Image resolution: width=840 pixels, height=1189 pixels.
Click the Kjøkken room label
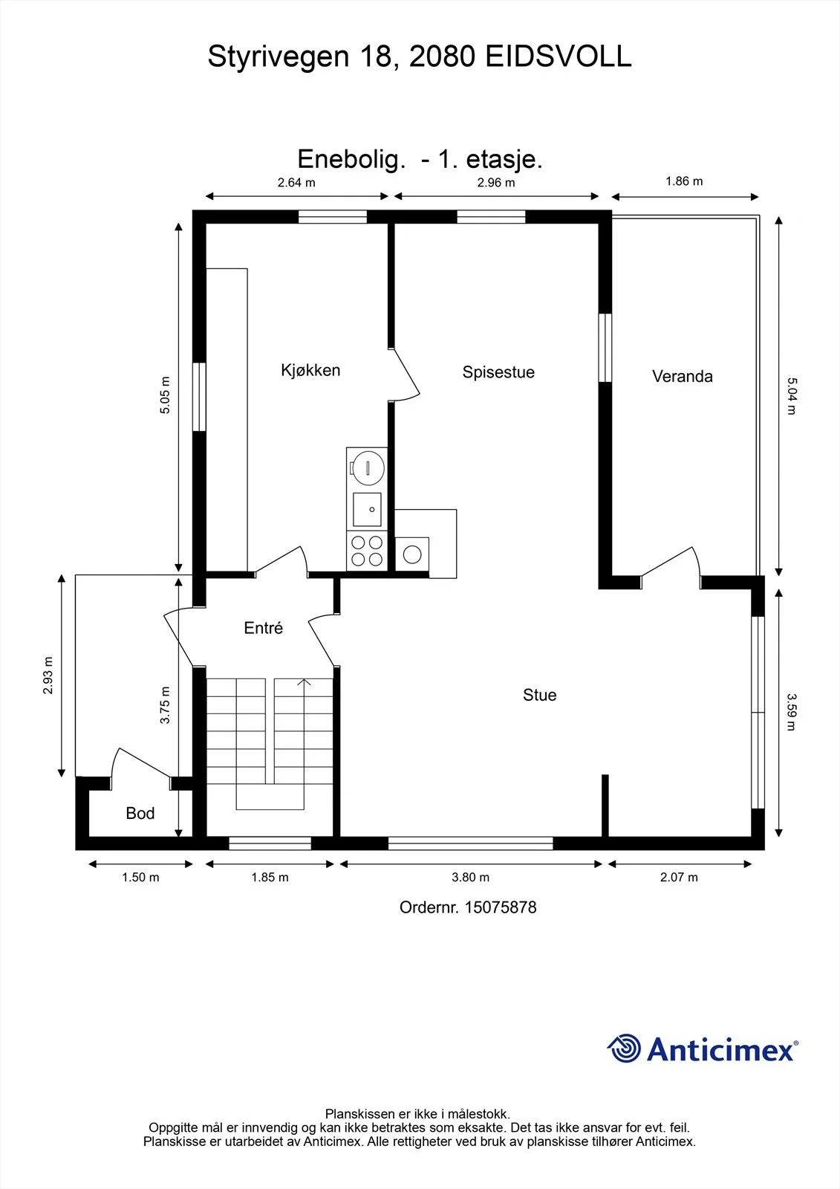coord(310,370)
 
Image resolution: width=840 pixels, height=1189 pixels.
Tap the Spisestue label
coord(498,372)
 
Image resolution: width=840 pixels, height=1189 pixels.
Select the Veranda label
coord(683,376)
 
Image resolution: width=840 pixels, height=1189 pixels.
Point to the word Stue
coord(540,695)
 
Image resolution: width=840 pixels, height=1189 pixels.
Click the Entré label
coord(263,628)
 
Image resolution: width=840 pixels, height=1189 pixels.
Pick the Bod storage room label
coord(140,813)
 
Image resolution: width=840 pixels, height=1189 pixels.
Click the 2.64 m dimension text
coord(296,183)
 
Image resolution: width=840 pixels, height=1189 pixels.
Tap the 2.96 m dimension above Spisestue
coord(495,183)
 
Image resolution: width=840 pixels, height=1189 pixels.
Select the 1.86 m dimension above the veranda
coord(684,181)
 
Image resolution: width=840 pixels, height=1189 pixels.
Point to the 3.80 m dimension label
coord(470,878)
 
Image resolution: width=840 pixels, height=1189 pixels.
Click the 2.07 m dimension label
coord(679,878)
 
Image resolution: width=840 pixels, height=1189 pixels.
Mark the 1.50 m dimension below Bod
coord(140,878)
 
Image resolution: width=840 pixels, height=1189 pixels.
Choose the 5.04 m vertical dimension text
coord(791,396)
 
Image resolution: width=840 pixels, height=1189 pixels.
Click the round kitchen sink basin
coord(368,468)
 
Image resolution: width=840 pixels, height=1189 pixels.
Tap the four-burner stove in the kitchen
coord(367,551)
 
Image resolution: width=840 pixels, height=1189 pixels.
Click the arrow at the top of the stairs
coord(304,683)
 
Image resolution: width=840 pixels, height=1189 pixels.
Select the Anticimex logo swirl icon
coord(624,1049)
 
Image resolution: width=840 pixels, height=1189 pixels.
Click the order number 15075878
coord(501,907)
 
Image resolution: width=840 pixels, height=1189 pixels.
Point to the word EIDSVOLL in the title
coord(559,56)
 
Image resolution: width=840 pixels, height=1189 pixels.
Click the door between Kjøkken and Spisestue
coord(404,375)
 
